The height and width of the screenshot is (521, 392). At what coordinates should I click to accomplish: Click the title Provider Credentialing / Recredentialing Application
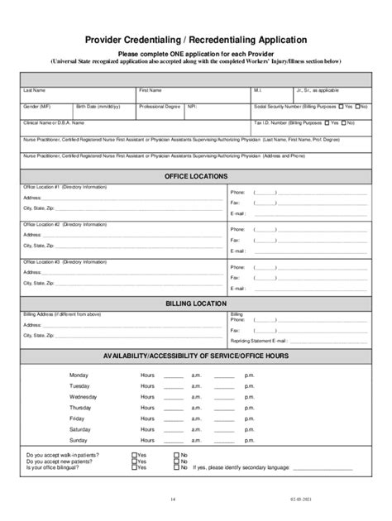[x=196, y=39]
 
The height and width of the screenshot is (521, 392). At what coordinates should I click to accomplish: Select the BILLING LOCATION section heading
[x=196, y=304]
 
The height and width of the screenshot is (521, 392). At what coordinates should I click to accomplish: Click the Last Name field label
[x=34, y=89]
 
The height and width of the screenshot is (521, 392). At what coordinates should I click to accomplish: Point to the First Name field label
[x=150, y=89]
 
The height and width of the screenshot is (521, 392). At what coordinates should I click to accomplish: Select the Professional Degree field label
[x=159, y=107]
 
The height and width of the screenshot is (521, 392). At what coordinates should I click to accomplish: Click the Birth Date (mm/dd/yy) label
[x=98, y=107]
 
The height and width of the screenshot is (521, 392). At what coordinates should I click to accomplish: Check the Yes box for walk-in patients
[x=134, y=455]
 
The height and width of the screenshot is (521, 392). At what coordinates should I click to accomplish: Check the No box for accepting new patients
[x=176, y=461]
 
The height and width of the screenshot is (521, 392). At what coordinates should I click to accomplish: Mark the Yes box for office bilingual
[x=134, y=468]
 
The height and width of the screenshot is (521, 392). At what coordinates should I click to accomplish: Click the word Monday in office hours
[x=79, y=375]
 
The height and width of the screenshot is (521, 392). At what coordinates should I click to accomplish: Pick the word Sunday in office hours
[x=79, y=440]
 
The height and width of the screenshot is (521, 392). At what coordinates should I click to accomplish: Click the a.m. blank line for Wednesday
[x=174, y=398]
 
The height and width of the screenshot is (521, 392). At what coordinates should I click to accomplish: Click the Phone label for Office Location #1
[x=237, y=191]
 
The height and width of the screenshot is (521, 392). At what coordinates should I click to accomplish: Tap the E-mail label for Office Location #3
[x=238, y=289]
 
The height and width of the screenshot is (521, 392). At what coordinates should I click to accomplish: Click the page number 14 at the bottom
[x=173, y=499]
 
